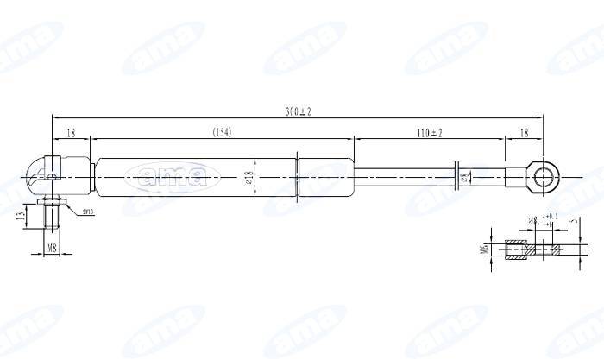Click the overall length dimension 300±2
[299, 111]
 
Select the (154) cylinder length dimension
[222, 132]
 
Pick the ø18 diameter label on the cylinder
[249, 177]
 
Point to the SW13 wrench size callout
[88, 212]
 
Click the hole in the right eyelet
[544, 177]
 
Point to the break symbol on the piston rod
[457, 177]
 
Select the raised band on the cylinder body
[297, 177]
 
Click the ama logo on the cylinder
[167, 178]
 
